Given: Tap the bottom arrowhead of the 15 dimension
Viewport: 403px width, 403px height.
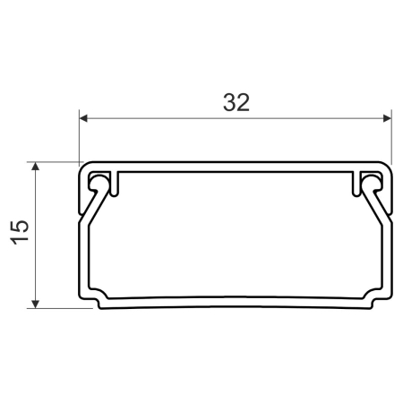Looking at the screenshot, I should click(x=36, y=304).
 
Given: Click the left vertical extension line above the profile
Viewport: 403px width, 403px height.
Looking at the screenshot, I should click(x=79, y=134).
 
